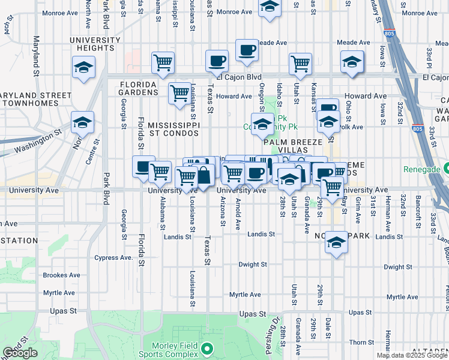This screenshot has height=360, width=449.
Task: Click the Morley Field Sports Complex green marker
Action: pos(207,348)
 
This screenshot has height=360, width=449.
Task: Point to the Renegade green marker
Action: pos(445,169)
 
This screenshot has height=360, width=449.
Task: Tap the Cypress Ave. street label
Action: pos(113,257)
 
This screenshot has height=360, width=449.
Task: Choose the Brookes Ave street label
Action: pos(62,275)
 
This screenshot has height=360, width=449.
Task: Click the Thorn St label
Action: pos(362,343)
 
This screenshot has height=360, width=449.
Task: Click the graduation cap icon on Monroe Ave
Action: pos(270,8)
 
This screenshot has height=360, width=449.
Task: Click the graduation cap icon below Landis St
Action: pos(336,242)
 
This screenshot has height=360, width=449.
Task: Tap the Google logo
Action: pos(20,353)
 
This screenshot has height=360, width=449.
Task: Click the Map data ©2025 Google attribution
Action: pos(412,355)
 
